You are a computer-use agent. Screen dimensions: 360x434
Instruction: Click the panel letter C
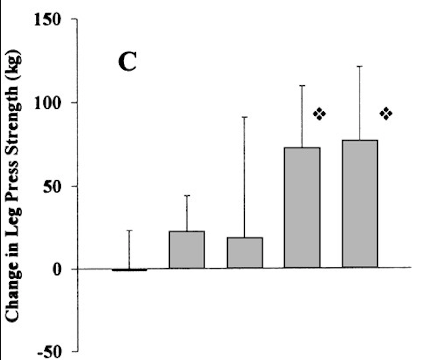[127, 62]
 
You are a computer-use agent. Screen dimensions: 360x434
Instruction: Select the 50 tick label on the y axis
[54, 186]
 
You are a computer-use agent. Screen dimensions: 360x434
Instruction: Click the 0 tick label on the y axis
[58, 269]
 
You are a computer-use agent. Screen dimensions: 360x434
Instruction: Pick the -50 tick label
[52, 351]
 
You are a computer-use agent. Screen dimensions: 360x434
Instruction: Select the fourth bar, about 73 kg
[302, 207]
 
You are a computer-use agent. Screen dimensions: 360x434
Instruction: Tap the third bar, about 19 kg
[244, 252]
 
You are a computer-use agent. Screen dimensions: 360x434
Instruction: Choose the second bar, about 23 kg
[187, 249]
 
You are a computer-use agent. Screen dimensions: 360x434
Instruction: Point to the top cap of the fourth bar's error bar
[302, 86]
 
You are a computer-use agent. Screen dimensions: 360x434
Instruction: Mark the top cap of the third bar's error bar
[244, 117]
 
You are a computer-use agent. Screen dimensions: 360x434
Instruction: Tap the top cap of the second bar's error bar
[187, 195]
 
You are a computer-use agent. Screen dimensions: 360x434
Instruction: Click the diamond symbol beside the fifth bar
[386, 114]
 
